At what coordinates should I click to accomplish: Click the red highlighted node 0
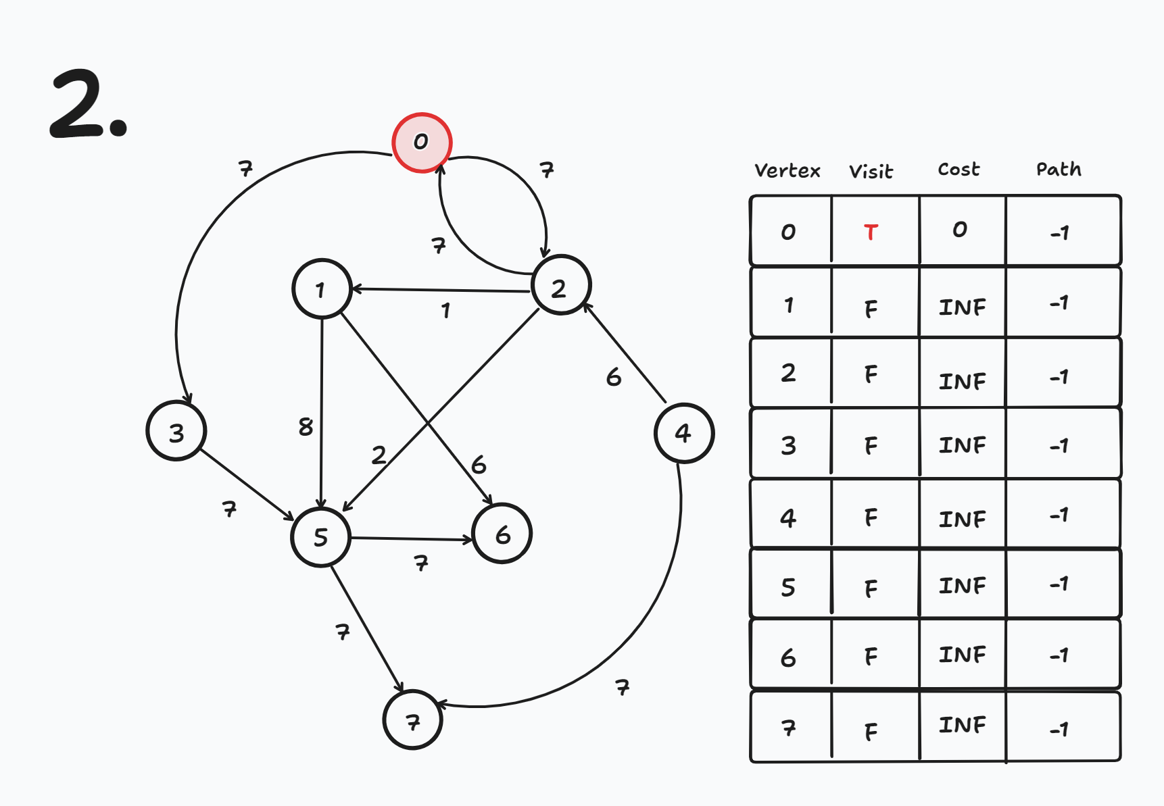(x=422, y=143)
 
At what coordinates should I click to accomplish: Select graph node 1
(x=322, y=289)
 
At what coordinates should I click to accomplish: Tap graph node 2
(x=560, y=286)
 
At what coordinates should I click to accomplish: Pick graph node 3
(x=176, y=431)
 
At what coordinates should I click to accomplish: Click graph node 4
(x=683, y=433)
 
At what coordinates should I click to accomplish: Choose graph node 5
(x=321, y=537)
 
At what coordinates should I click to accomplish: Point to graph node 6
(x=502, y=534)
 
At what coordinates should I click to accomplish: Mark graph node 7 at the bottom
(x=413, y=720)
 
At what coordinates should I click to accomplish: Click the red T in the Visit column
(x=871, y=232)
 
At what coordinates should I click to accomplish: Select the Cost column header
(x=959, y=169)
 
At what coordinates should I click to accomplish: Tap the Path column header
(x=1059, y=169)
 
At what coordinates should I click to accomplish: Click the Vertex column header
(x=787, y=170)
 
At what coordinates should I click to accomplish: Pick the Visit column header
(x=871, y=172)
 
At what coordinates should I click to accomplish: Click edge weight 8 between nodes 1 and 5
(x=306, y=426)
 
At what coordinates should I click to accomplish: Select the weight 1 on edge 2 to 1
(x=445, y=311)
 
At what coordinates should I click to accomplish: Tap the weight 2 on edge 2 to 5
(x=379, y=455)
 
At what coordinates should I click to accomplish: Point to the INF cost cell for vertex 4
(x=962, y=519)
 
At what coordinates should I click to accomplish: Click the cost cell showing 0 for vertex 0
(x=960, y=230)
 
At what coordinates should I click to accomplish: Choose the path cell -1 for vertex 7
(x=1059, y=729)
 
